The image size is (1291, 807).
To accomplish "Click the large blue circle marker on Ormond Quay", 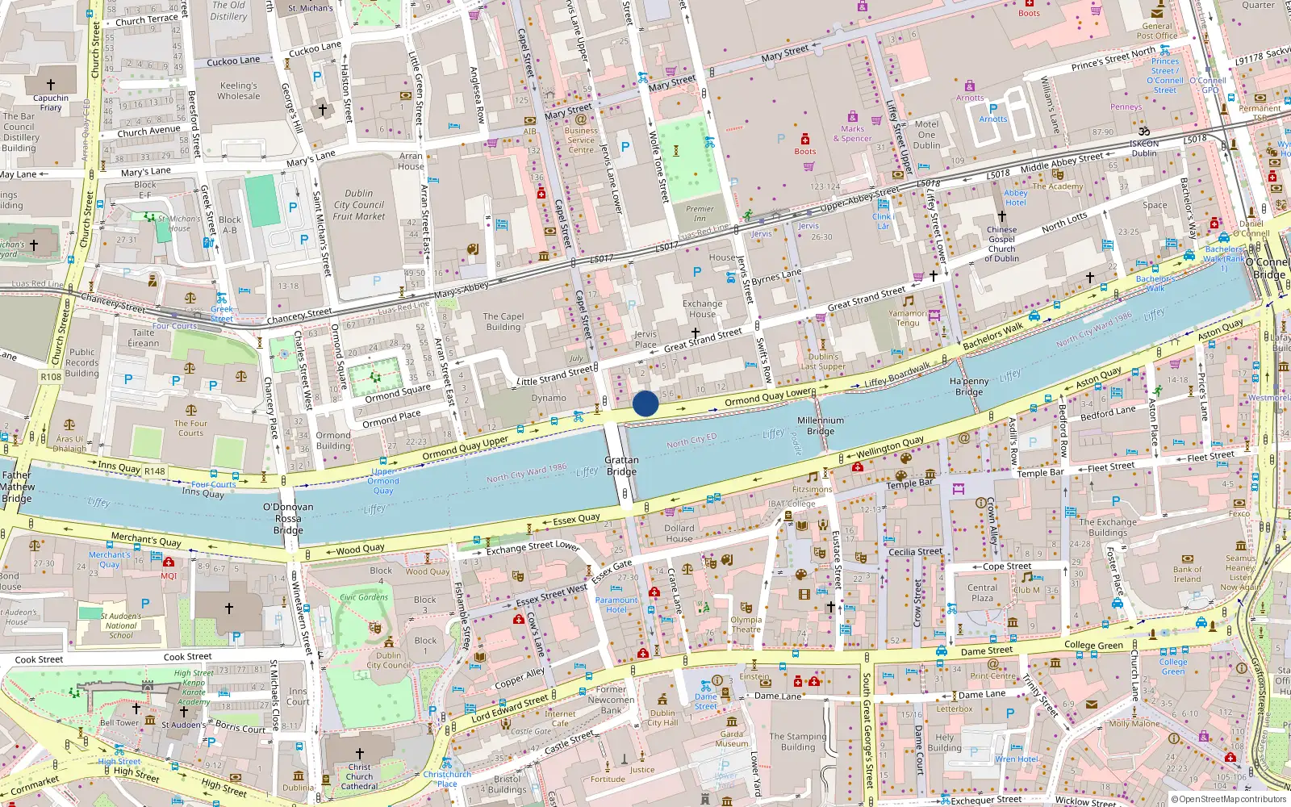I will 645,403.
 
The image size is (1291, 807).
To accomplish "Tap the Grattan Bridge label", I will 621,466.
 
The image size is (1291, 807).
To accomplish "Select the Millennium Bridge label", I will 821,425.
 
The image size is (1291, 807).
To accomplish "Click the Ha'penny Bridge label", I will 969,387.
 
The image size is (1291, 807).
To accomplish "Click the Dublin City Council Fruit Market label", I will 359,205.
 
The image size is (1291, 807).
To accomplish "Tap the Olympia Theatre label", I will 746,625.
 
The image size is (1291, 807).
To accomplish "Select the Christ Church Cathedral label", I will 359,776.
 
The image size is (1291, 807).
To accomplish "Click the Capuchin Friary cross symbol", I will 51,84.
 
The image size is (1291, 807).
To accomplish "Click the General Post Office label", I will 1156,31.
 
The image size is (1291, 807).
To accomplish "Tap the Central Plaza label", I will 982,592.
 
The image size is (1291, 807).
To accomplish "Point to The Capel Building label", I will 503,322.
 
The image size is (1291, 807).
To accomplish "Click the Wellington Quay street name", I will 890,447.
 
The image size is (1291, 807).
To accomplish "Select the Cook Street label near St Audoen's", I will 187,657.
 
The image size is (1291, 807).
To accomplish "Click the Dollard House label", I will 679,533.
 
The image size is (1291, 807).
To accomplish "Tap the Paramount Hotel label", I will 616,604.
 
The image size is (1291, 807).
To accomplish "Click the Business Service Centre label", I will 581,140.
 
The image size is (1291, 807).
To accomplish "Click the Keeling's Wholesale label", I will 239,90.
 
